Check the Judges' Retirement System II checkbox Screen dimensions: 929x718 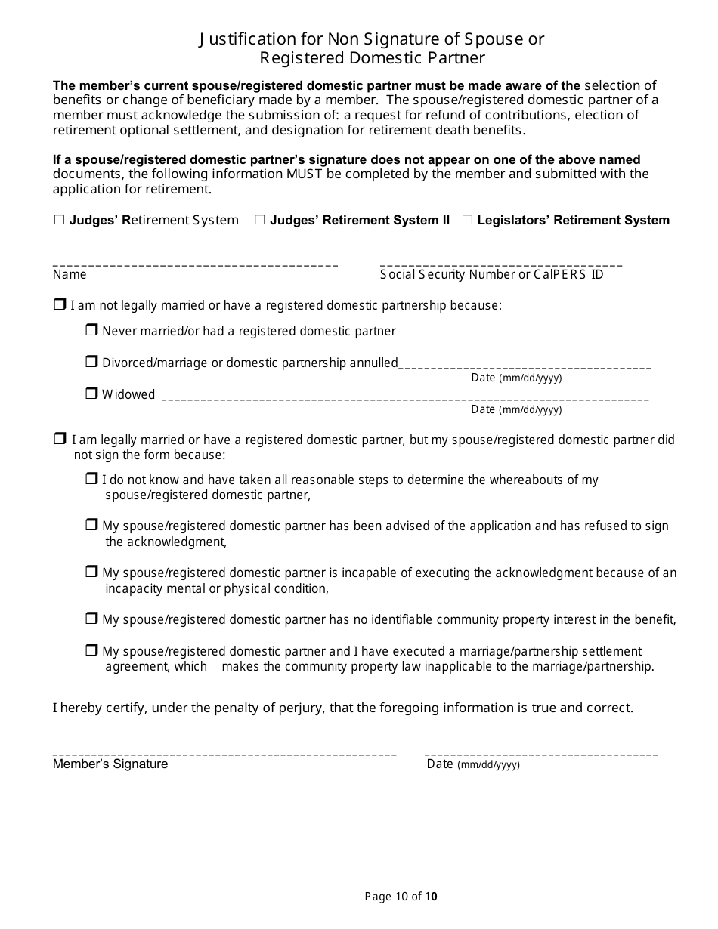259,220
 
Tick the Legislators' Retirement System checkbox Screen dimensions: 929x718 467,220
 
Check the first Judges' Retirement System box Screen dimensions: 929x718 59,220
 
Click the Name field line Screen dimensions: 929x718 195,264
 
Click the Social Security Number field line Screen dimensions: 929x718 501,264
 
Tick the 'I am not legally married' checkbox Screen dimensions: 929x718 60,304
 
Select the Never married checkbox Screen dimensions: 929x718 91,330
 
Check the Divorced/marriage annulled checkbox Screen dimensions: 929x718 91,362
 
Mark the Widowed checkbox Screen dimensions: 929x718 91,393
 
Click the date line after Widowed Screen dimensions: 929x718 405,397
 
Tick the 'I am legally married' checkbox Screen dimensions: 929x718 60,439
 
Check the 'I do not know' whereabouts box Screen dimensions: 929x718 91,479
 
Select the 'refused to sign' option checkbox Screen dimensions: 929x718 91,525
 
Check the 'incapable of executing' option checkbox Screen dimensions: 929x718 91,572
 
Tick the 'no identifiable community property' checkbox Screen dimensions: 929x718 91,619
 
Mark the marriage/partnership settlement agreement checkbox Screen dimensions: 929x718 91,650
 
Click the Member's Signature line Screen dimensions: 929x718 224,752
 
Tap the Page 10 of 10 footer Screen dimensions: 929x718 401,897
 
